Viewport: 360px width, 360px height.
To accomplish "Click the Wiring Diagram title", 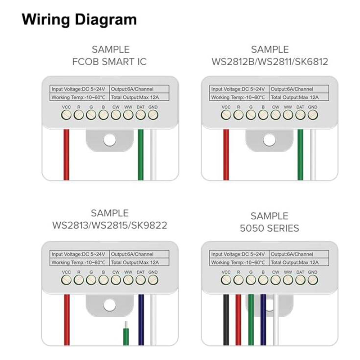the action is coord(79,20).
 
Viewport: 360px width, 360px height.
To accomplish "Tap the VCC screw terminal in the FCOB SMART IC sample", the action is coord(66,115).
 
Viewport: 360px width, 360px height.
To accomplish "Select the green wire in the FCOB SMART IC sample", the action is coord(140,155).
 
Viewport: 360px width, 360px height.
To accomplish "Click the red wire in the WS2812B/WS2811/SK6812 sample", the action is coord(226,155).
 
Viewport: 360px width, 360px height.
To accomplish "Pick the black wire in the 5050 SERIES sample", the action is coord(226,320).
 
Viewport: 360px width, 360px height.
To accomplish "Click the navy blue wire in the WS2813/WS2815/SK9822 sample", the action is coord(141,320).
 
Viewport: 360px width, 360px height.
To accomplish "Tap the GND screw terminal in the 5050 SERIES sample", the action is coord(312,280).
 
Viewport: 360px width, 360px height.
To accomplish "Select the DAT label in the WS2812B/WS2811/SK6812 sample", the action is coord(300,107).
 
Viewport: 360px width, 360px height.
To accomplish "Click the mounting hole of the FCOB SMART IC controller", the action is coord(109,140).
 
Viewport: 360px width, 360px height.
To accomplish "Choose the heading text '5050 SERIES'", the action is coord(269,228).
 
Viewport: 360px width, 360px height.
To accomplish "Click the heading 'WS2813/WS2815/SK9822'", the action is coord(110,225).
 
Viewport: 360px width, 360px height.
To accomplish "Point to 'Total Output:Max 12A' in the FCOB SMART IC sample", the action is coord(135,97).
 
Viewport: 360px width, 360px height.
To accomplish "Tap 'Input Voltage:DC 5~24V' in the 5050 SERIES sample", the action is coord(238,254).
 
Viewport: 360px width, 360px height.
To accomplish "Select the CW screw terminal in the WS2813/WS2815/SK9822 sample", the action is coord(116,280).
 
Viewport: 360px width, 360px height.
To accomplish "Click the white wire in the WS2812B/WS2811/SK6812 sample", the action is coord(313,155).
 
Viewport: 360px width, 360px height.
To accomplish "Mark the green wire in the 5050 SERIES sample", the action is coord(251,320).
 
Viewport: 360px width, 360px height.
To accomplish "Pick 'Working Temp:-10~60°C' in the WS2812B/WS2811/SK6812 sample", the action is coord(238,97).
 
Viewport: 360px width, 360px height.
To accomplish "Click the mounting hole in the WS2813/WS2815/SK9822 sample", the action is coord(109,305).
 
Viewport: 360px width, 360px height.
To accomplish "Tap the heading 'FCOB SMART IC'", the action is coord(109,62).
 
